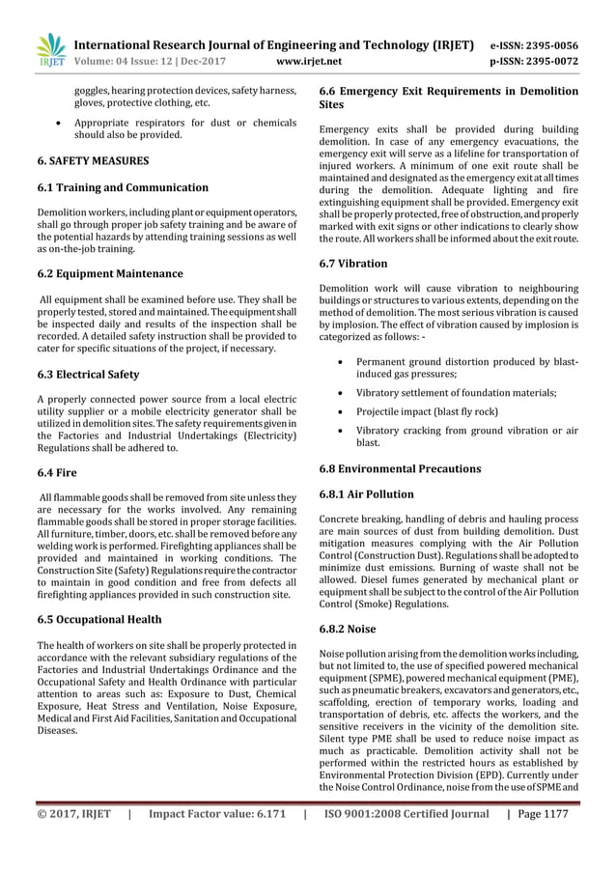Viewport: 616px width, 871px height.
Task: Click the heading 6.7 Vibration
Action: click(353, 263)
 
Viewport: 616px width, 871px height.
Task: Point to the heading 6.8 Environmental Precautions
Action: click(400, 468)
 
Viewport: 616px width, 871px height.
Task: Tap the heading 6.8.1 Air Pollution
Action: click(367, 493)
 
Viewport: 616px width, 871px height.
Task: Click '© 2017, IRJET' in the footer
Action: click(74, 841)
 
